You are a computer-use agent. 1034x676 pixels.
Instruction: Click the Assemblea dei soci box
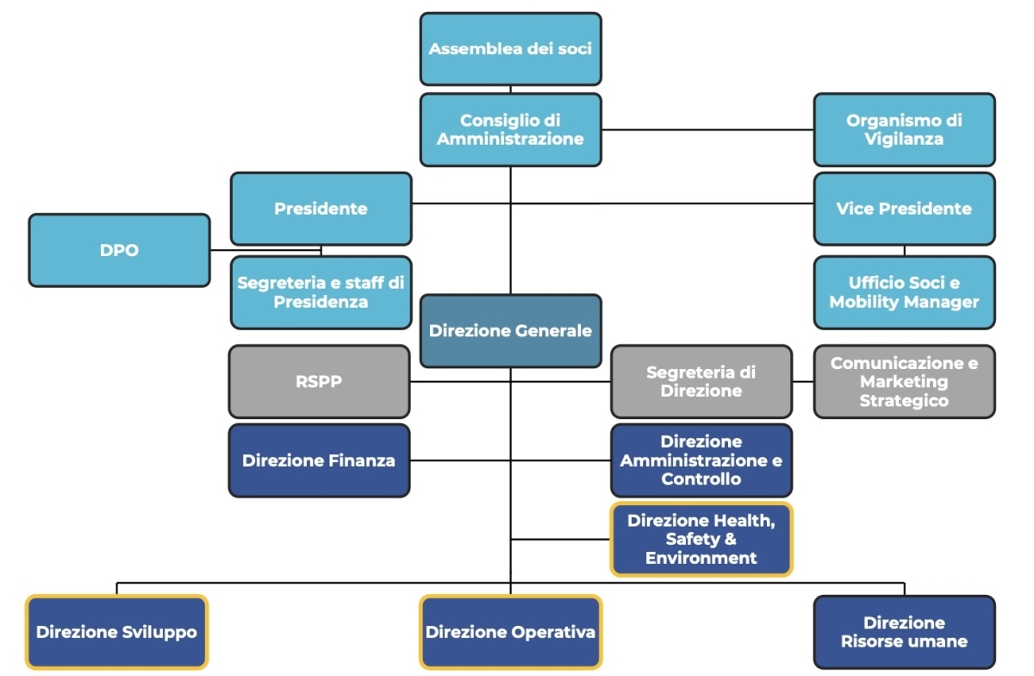(510, 48)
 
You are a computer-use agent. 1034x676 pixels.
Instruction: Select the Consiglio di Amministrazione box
(510, 129)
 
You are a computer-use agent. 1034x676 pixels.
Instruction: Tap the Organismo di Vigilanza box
(904, 129)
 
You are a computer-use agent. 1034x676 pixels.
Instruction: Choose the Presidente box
(321, 209)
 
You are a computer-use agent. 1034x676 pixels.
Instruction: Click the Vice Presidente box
(904, 209)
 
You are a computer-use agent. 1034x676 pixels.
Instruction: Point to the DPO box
(119, 250)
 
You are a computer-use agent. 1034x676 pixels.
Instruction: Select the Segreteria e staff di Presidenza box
(321, 292)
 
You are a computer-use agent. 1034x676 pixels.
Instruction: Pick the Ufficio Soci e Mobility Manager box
(904, 292)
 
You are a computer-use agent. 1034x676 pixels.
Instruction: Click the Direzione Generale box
(510, 330)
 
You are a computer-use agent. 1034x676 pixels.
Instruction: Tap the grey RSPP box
(319, 381)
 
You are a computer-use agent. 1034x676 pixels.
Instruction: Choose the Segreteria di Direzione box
(701, 381)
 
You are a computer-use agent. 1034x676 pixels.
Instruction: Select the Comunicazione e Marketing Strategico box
(904, 381)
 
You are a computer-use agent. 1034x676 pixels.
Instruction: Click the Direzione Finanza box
(319, 460)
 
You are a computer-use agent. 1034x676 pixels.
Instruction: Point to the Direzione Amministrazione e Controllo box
(701, 460)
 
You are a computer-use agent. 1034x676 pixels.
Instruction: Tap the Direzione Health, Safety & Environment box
(701, 540)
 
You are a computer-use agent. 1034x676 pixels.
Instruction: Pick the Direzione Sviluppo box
(116, 632)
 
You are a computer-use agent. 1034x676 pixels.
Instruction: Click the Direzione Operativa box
(510, 632)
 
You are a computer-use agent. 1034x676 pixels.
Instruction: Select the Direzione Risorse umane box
(904, 632)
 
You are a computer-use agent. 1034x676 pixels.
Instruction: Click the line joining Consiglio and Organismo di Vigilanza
(707, 129)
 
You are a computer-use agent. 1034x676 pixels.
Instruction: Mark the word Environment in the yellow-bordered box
(701, 558)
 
